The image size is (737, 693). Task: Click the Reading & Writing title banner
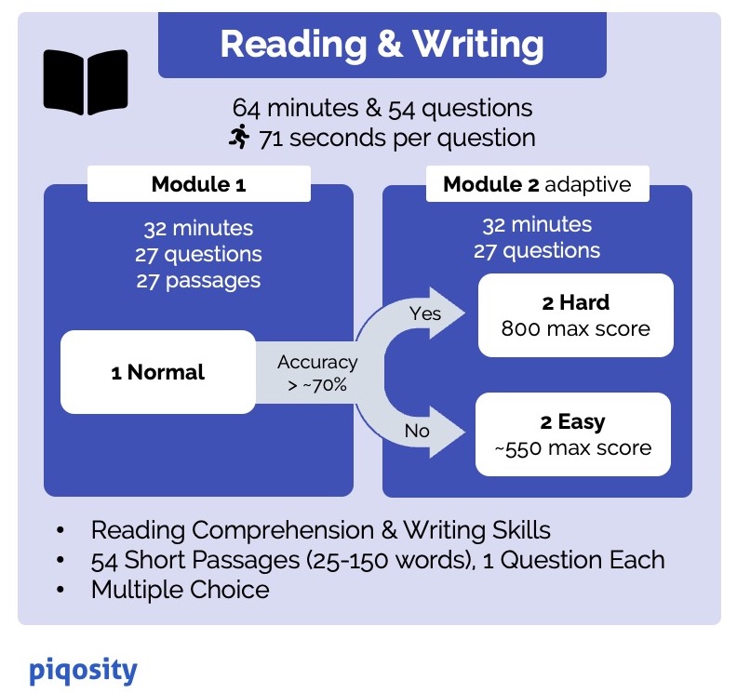click(x=382, y=45)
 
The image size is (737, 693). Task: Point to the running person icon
click(x=239, y=138)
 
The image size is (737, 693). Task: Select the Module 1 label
click(x=198, y=184)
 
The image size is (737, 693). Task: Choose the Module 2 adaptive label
click(x=537, y=184)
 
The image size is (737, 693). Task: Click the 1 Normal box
click(x=157, y=372)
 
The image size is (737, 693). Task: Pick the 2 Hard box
click(x=574, y=314)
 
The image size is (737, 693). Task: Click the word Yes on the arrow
click(x=425, y=313)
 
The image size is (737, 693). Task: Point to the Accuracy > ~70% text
click(x=316, y=372)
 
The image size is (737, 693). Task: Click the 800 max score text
click(x=574, y=328)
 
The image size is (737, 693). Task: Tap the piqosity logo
click(x=83, y=670)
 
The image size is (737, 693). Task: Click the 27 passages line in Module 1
click(x=198, y=280)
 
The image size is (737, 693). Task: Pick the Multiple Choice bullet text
click(x=180, y=589)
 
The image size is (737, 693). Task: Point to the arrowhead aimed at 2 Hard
click(x=450, y=315)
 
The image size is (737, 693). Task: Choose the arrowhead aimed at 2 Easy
click(x=450, y=431)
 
